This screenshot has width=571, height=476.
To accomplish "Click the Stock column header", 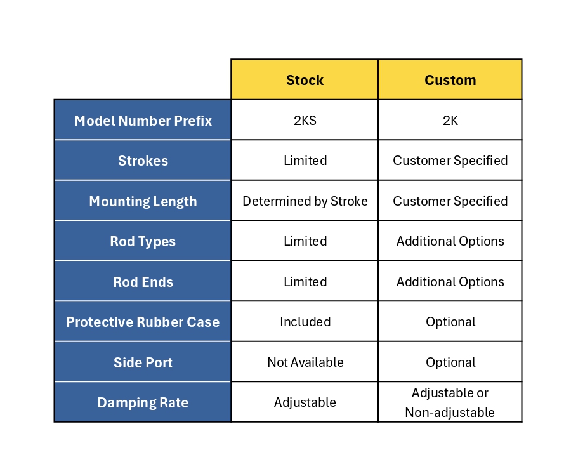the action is (x=305, y=80).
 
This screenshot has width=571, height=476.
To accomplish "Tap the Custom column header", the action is (x=450, y=80).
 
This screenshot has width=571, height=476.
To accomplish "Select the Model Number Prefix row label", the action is (x=143, y=121).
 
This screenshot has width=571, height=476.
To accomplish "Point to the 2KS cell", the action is (x=305, y=121).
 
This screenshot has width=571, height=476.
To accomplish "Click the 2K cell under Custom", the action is (x=450, y=121).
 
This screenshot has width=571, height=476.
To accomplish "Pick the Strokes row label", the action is (x=143, y=161).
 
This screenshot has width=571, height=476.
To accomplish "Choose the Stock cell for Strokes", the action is (x=305, y=161).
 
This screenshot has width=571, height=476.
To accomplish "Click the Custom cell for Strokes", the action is (x=450, y=161).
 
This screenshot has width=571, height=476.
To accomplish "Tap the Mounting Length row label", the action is (x=143, y=201).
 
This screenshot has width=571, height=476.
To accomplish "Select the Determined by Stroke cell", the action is (x=305, y=201).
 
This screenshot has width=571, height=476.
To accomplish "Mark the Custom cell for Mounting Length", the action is (x=450, y=201).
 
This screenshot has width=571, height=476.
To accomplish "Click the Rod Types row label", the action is (x=143, y=241).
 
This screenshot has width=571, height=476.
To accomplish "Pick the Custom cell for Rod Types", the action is (x=450, y=241).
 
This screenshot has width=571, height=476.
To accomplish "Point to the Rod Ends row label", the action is (x=143, y=282).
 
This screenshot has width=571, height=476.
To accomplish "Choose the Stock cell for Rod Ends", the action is (x=305, y=282).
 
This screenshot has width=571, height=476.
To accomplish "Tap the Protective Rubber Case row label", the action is (x=143, y=322).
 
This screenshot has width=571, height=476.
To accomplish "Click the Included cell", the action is (x=305, y=322).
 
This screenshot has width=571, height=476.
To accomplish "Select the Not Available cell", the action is (x=305, y=362).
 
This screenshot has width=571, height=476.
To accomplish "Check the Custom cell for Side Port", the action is (x=450, y=362).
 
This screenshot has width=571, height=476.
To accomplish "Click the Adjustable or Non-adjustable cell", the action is (x=450, y=402).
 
